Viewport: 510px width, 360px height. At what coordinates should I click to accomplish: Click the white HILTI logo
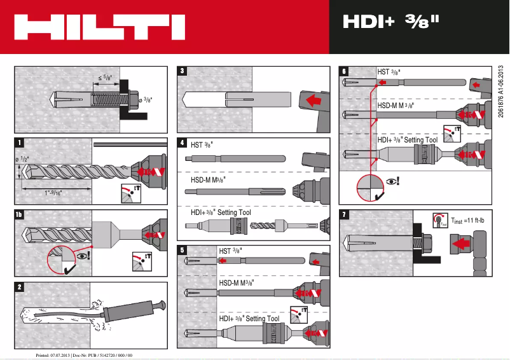tap(99, 27)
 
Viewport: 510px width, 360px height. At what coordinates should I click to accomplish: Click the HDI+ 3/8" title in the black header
tap(391, 22)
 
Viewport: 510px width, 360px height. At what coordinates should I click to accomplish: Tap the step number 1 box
tap(21, 142)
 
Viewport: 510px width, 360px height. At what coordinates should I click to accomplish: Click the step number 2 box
tap(21, 287)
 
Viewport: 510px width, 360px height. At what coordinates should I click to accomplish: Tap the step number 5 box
tap(183, 250)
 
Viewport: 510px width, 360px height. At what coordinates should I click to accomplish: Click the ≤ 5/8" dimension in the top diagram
tap(104, 78)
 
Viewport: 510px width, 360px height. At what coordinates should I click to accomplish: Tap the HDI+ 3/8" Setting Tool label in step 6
tap(407, 139)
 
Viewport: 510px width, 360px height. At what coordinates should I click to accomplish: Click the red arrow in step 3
tap(310, 100)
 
